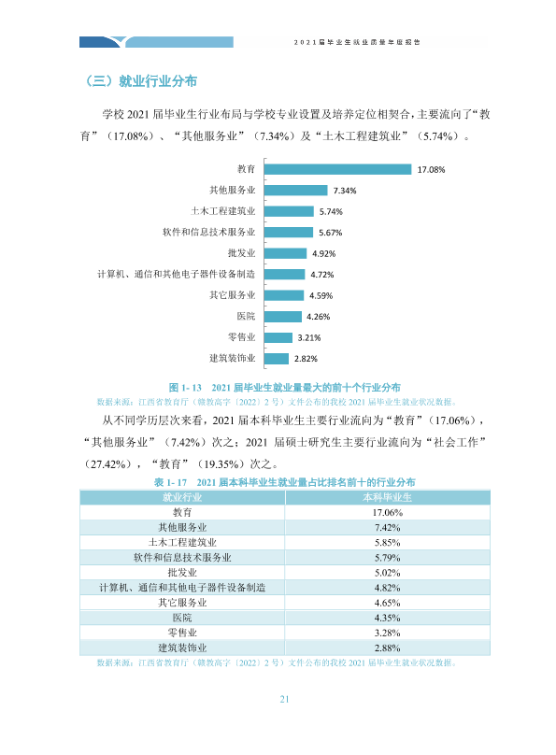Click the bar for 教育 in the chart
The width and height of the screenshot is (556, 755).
tap(337, 169)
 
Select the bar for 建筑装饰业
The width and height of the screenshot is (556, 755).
tap(277, 358)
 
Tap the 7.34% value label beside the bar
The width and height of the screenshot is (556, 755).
tap(345, 191)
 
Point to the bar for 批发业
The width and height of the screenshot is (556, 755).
tap(285, 253)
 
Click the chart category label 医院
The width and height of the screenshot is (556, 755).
tap(246, 317)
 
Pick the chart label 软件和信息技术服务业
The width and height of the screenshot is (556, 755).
tap(209, 232)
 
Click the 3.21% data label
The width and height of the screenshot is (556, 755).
tap(309, 337)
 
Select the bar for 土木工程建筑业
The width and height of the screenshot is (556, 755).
tap(289, 211)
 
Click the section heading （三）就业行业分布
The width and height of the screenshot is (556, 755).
tap(140, 81)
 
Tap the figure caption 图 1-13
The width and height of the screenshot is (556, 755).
tap(185, 388)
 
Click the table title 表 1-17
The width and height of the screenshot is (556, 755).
tap(170, 482)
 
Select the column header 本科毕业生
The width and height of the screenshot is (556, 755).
tap(388, 497)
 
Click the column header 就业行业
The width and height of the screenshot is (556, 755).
tap(182, 497)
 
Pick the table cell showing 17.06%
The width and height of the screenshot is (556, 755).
tap(388, 513)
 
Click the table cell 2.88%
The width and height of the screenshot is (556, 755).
tap(388, 648)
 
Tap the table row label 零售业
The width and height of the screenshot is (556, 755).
tap(182, 633)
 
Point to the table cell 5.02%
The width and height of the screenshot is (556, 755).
tap(388, 573)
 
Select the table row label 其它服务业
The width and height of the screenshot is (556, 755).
tap(182, 603)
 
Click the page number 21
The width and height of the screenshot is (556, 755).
tap(284, 699)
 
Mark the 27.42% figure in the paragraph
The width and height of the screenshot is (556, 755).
tap(107, 464)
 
